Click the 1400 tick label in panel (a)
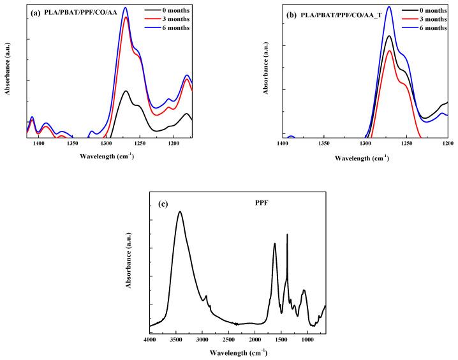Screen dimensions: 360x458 pyautogui.click(x=39, y=144)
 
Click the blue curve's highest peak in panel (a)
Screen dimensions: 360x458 pyautogui.click(x=126, y=8)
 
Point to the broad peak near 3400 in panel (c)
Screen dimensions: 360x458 pyautogui.click(x=180, y=212)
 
